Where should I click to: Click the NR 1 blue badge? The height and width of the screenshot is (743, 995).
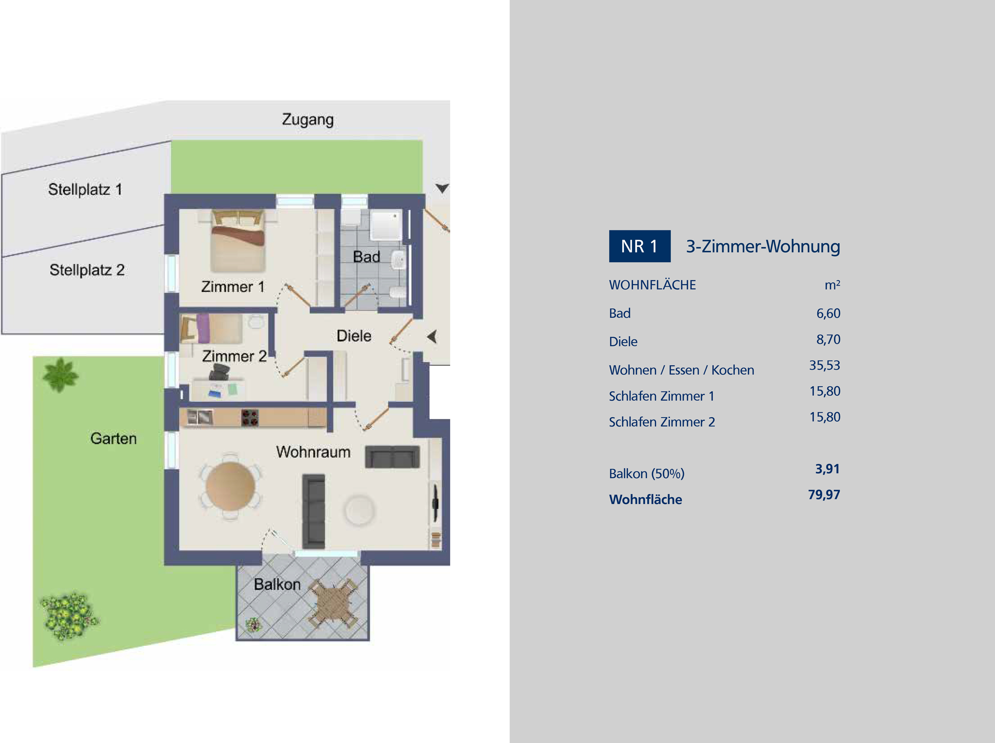click(x=639, y=246)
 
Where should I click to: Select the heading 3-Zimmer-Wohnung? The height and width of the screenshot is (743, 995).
click(x=762, y=246)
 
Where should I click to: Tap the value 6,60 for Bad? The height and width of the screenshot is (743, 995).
click(x=828, y=313)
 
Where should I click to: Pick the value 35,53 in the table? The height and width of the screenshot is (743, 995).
click(x=825, y=365)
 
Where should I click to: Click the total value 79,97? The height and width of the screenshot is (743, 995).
click(x=824, y=494)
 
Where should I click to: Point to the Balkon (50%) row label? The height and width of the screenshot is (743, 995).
click(x=646, y=474)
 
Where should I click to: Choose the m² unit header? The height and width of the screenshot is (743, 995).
click(x=832, y=285)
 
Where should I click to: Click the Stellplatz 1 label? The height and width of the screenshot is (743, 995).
click(x=85, y=189)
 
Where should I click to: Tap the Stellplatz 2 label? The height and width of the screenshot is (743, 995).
click(x=87, y=270)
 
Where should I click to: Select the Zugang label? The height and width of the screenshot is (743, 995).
click(x=308, y=120)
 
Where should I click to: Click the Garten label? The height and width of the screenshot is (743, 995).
click(x=113, y=438)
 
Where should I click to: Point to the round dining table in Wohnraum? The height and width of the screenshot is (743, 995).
click(x=230, y=486)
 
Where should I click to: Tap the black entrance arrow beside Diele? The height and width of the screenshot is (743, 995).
click(x=432, y=336)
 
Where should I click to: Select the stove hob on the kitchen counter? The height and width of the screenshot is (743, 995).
click(x=250, y=417)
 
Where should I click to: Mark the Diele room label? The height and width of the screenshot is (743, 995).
click(x=354, y=336)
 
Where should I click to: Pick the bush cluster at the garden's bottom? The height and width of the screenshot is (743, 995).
click(x=69, y=615)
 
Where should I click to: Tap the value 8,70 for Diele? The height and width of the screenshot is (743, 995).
click(x=828, y=339)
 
